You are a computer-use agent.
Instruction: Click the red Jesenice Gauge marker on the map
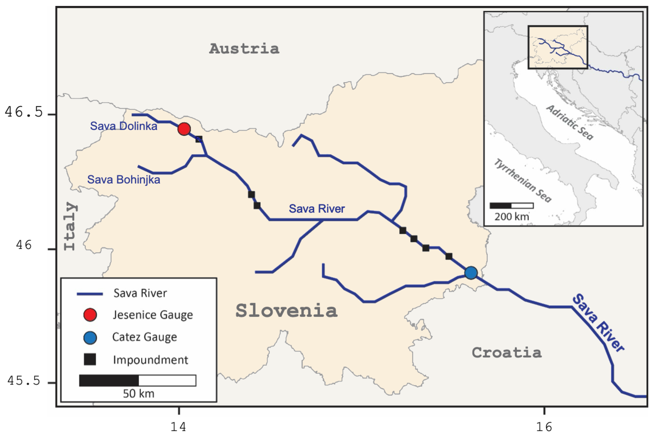click(x=184, y=129)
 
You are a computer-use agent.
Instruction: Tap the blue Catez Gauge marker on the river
click(x=471, y=273)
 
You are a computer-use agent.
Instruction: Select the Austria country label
click(x=244, y=49)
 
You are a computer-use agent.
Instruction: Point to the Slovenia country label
click(x=286, y=311)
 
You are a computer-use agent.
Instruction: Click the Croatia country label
click(x=507, y=353)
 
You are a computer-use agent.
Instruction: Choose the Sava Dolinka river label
click(x=123, y=126)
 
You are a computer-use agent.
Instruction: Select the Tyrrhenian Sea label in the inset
click(x=523, y=181)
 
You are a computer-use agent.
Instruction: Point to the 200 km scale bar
click(x=511, y=206)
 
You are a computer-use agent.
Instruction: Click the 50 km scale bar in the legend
click(x=137, y=380)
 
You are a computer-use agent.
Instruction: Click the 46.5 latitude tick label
click(x=24, y=112)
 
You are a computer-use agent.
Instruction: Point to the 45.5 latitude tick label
click(x=24, y=380)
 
